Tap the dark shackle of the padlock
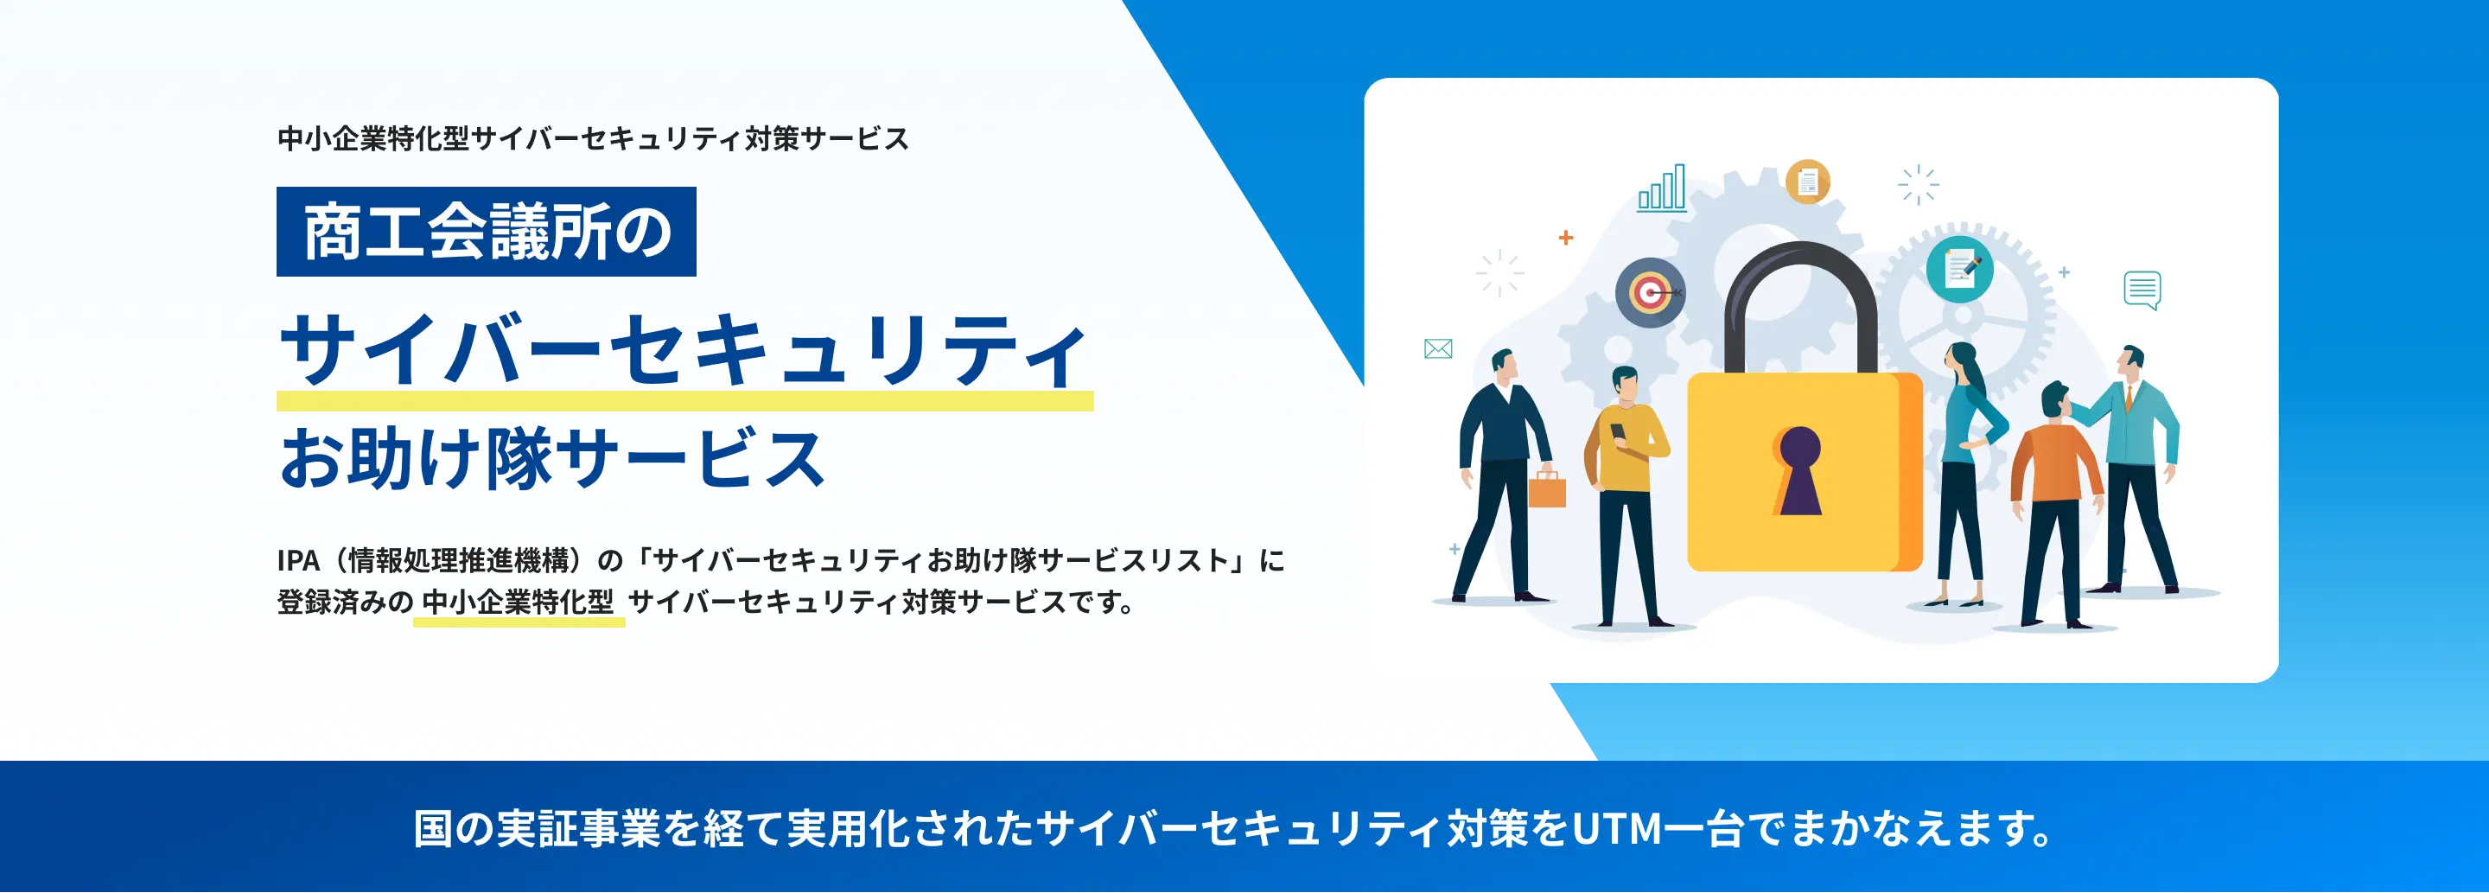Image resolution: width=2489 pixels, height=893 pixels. (x=1800, y=279)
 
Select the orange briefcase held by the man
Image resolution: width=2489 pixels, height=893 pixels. (x=1546, y=490)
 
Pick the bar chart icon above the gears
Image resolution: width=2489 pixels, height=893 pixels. (x=1662, y=188)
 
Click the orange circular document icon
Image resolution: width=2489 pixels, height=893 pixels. (x=1807, y=182)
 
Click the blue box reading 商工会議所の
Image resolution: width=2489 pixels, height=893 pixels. (x=486, y=232)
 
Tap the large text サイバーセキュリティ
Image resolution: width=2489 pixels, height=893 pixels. (x=684, y=350)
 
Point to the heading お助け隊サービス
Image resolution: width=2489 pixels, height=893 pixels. (x=551, y=457)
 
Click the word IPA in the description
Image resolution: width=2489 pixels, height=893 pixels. (x=297, y=560)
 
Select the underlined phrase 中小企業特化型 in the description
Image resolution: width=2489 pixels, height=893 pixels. (x=518, y=602)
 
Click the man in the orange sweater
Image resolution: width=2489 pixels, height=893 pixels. (x=2054, y=483)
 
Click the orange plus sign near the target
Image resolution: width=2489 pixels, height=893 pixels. (x=1566, y=238)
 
